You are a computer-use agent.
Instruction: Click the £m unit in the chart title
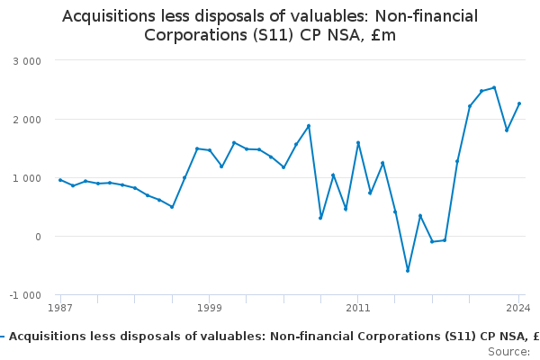click(x=382, y=35)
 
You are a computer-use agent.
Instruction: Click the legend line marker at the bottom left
click(x=3, y=337)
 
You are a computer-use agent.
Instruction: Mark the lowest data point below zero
click(x=407, y=270)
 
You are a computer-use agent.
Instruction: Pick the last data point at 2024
click(x=518, y=103)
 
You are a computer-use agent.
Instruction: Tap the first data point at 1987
click(x=60, y=180)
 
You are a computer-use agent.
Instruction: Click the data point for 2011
click(x=357, y=142)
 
